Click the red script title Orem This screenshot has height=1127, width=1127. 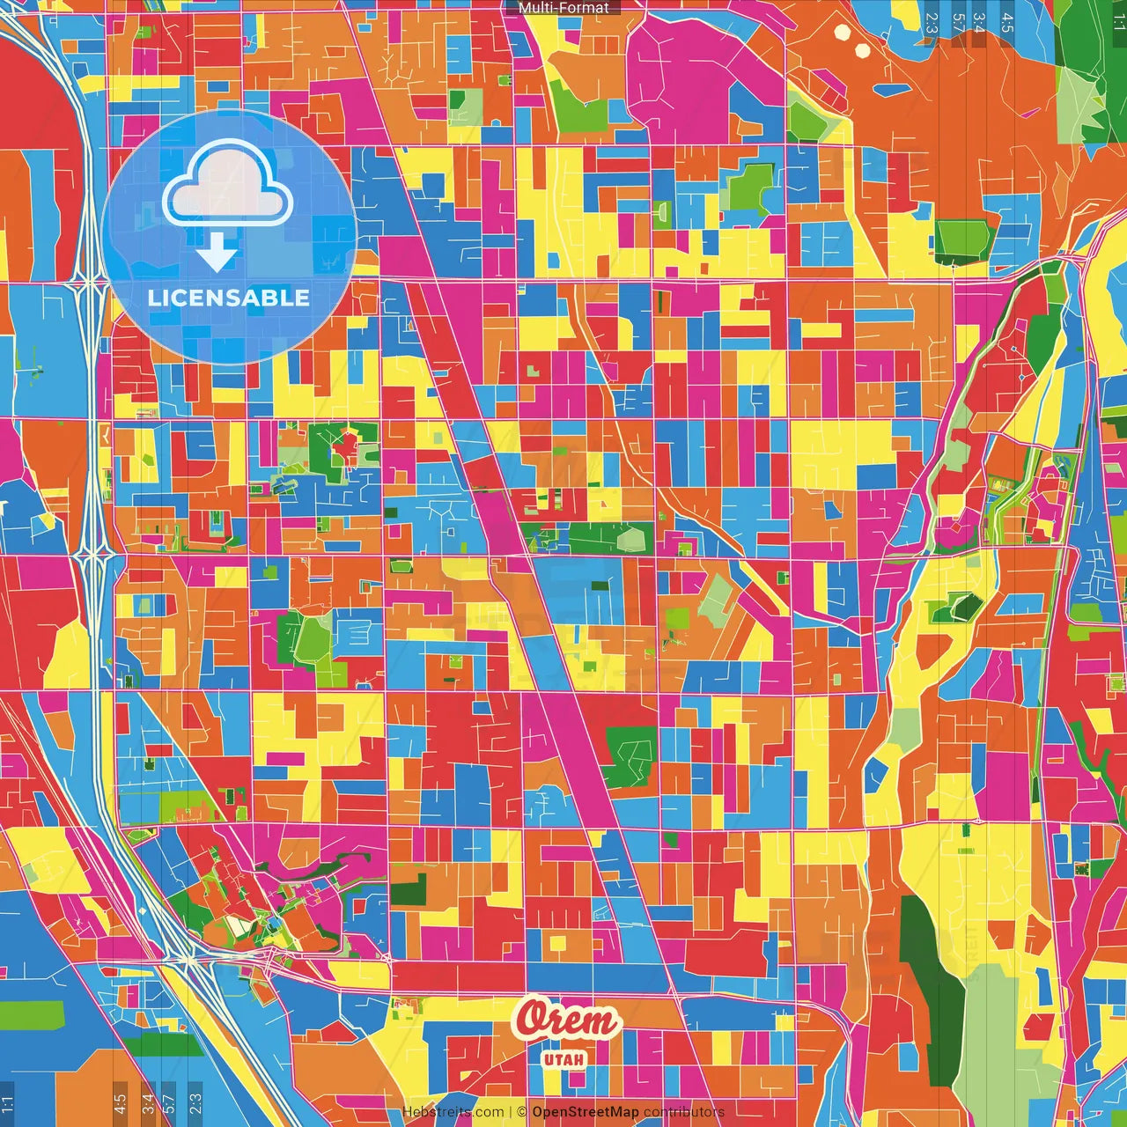568,1020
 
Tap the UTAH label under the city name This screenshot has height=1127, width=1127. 564,1058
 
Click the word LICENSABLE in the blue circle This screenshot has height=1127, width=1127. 229,298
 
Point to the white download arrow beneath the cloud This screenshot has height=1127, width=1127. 217,252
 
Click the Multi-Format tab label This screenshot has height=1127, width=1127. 563,8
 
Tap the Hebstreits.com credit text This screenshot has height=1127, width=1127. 453,1112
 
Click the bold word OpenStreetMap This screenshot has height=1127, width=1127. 586,1112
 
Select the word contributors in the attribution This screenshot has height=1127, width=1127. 684,1112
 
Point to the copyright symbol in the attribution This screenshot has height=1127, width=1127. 521,1112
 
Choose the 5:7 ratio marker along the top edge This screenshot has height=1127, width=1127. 957,23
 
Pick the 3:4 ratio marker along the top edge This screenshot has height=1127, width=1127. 979,23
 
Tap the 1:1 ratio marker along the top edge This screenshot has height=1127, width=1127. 1118,19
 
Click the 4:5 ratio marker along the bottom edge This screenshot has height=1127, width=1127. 120,1104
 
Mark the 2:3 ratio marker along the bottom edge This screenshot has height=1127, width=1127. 195,1104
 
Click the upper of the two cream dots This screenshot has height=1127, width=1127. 843,33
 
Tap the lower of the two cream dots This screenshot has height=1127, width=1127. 863,50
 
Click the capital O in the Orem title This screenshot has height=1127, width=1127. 534,1019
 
